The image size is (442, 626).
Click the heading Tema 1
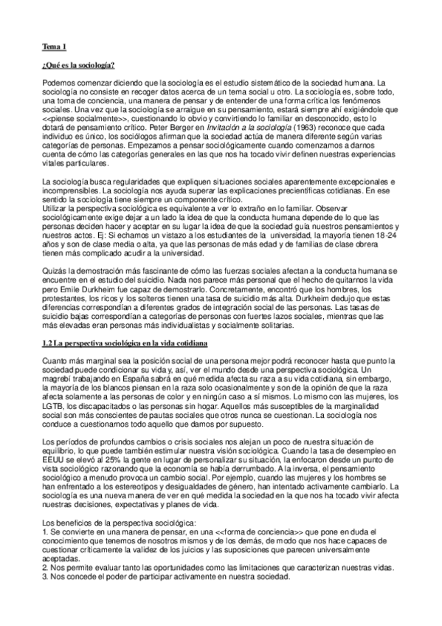pyautogui.click(x=54, y=47)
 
